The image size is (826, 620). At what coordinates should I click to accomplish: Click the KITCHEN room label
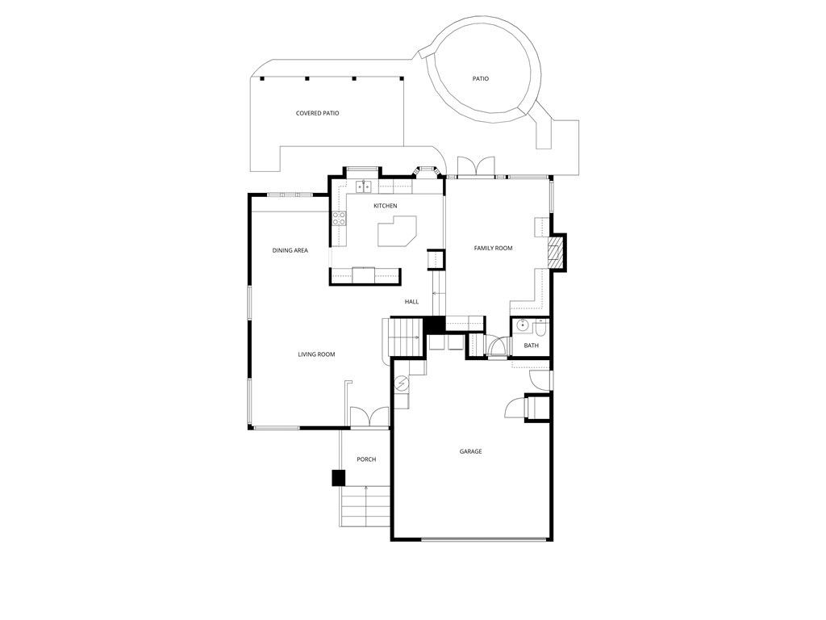(385, 206)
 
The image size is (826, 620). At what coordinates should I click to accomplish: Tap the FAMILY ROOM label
(493, 248)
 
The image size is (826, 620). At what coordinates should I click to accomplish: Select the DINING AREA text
(290, 250)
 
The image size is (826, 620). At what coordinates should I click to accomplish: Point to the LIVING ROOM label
(316, 354)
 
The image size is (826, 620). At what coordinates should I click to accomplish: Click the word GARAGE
(470, 451)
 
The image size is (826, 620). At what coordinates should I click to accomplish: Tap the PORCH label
(366, 459)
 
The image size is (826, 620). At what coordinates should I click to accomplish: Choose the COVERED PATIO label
(317, 113)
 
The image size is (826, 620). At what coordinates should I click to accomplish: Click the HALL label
(411, 302)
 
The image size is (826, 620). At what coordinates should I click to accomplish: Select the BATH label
(531, 346)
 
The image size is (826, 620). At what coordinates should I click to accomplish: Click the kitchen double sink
(364, 187)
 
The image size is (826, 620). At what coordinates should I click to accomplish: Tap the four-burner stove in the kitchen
(339, 218)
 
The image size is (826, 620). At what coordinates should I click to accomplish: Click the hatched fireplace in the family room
(553, 253)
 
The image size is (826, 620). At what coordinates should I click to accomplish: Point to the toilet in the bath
(540, 328)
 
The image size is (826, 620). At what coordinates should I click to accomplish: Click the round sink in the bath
(522, 327)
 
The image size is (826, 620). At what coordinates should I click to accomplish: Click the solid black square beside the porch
(339, 478)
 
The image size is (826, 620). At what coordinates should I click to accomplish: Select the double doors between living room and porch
(369, 417)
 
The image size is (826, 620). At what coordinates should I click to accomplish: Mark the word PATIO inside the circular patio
(481, 78)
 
